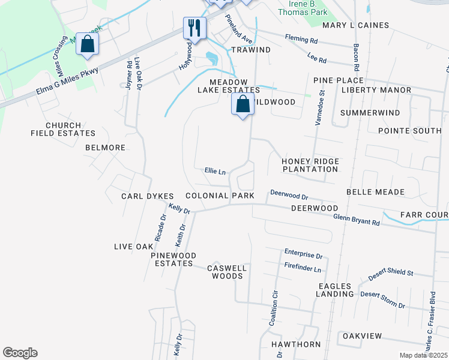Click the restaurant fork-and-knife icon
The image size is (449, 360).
[x=194, y=28]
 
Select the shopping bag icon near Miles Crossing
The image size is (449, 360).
[x=87, y=44]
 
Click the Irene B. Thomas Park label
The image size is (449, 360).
[x=304, y=7]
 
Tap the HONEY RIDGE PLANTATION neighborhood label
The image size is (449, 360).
[x=310, y=165]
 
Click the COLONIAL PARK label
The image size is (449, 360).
[x=220, y=196]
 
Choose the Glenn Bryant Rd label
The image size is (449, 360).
[x=357, y=220]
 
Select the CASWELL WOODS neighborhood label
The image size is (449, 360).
[x=226, y=272]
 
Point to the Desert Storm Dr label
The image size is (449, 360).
[x=383, y=300]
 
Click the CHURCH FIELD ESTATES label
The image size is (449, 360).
[x=62, y=129]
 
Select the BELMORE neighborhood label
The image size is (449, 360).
[x=105, y=148]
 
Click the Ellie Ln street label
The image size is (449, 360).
[x=215, y=172]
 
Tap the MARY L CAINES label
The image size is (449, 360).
[x=355, y=25]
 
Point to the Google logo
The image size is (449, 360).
[x=20, y=353]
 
